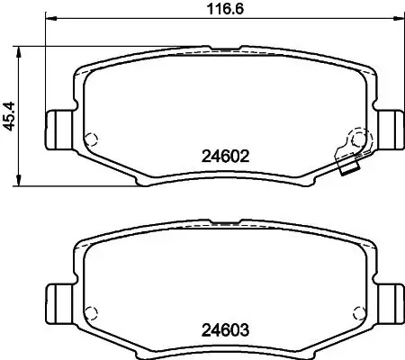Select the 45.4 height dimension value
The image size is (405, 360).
pyautogui.click(x=12, y=115)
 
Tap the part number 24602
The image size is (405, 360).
pyautogui.click(x=220, y=155)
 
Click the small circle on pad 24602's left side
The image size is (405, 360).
pyautogui.click(x=89, y=139)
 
